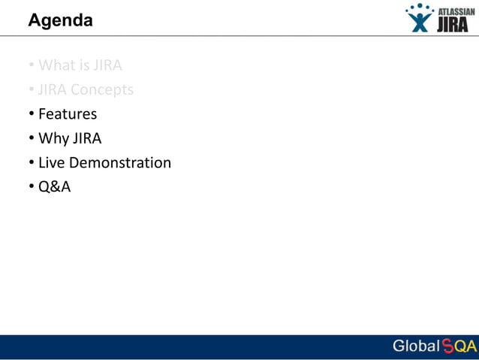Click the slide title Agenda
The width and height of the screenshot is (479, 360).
[60, 20]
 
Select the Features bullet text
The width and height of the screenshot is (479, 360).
[68, 114]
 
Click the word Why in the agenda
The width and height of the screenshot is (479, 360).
[53, 138]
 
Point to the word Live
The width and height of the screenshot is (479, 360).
[52, 162]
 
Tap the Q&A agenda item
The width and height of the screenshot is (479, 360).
[54, 187]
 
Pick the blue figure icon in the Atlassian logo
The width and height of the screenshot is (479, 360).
[420, 19]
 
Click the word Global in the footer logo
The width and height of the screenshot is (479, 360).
[416, 346]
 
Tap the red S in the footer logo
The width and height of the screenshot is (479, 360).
[447, 346]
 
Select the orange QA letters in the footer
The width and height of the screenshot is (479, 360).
[465, 346]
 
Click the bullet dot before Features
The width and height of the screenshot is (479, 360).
[32, 114]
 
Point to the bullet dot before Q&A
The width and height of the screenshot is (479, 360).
[32, 187]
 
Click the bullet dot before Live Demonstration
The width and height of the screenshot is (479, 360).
[32, 162]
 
